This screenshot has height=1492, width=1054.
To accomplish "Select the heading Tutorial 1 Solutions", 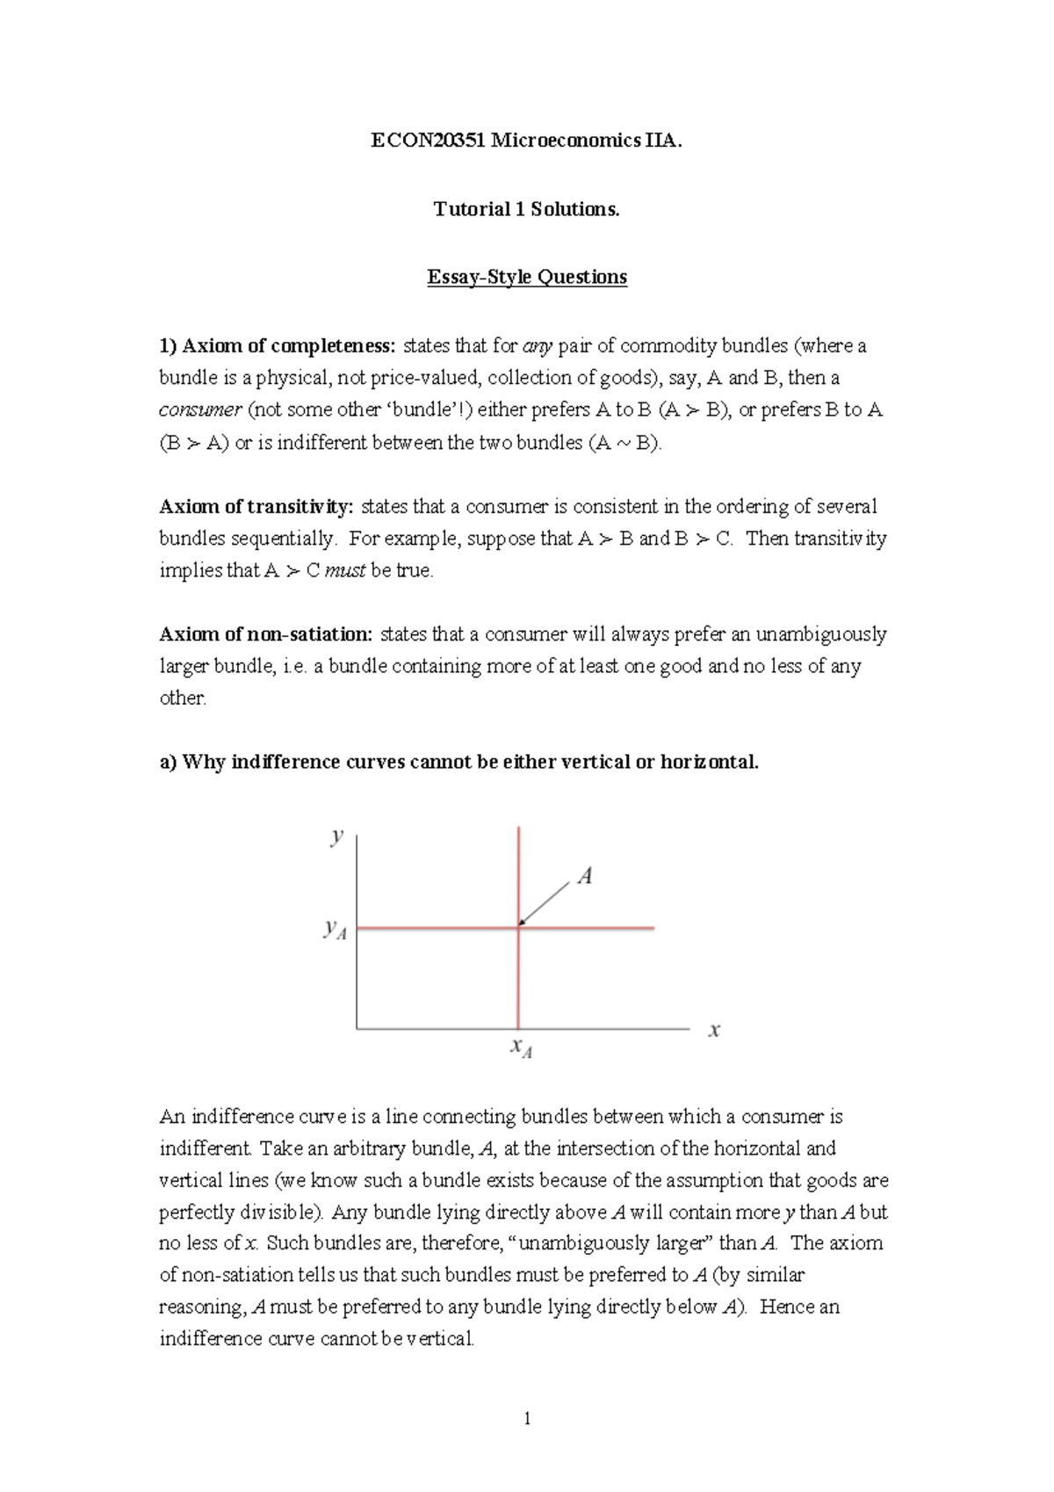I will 526,209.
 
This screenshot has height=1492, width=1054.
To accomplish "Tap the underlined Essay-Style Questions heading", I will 526,278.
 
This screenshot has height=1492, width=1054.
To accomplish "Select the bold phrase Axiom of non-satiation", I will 266,634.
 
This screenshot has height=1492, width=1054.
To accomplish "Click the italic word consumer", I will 199,410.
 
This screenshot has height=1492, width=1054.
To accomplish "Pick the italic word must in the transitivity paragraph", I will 345,571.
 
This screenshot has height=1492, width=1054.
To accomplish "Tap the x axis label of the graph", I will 714,1030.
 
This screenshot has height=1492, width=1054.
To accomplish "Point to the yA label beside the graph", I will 335,929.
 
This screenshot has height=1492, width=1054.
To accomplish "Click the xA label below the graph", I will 521,1048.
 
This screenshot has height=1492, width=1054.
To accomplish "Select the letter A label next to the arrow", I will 584,876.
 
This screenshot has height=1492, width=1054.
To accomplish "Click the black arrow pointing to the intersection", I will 545,902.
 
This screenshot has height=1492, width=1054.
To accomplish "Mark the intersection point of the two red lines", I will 519,928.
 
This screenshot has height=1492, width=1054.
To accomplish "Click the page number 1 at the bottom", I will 527,1418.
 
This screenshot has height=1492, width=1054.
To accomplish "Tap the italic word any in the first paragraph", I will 537,346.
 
